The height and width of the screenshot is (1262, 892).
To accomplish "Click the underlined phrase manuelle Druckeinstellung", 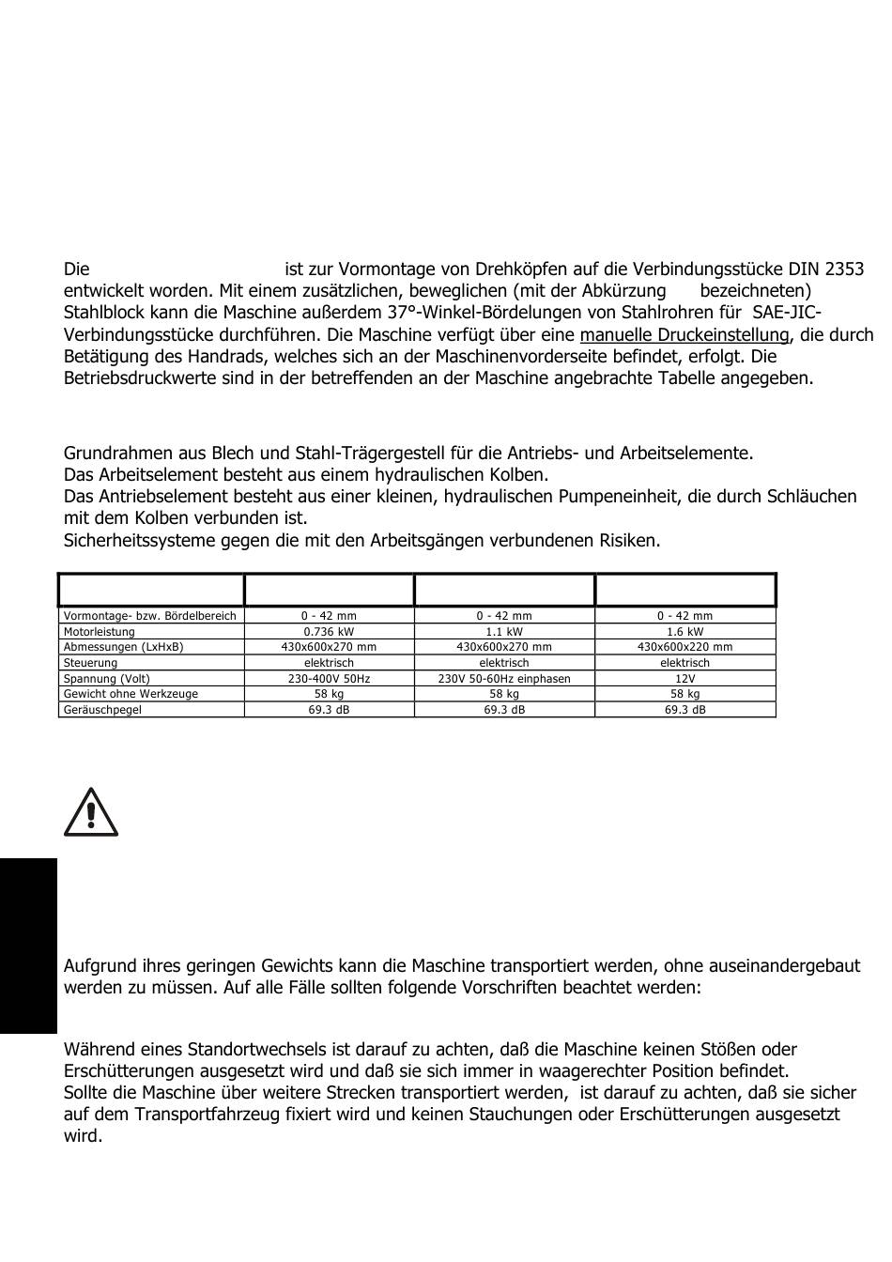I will point(684,335).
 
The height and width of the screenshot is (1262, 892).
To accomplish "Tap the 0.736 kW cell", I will point(329,632).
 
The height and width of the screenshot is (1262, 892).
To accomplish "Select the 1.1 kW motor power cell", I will point(504,632).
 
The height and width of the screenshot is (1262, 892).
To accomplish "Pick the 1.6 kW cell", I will point(684,632).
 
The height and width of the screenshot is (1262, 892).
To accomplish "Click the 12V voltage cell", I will point(684,678).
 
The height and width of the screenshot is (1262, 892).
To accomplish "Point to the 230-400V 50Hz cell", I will point(329,678).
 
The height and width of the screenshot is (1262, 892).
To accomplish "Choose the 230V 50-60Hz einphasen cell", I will point(504,678).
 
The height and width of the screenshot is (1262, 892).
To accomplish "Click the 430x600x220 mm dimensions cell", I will point(684,647).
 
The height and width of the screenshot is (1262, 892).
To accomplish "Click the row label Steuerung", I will point(91,663).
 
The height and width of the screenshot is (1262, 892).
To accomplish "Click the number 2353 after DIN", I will point(843,269).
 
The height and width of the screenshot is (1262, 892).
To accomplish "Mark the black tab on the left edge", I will point(28,945).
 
